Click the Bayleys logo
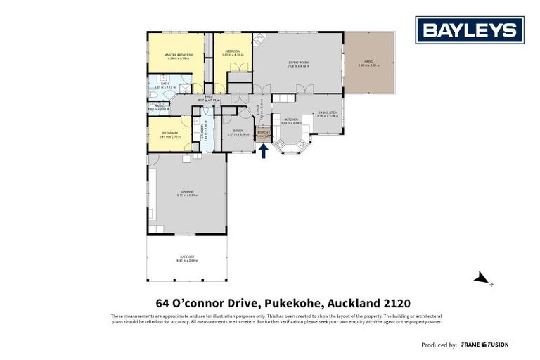(x=470, y=30)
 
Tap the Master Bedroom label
(x=178, y=54)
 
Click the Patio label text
(x=368, y=62)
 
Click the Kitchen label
(x=291, y=120)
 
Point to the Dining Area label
(x=328, y=112)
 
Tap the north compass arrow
(x=482, y=279)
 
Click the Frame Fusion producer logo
(x=484, y=345)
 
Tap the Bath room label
(x=165, y=84)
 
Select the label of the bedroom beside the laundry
(x=169, y=133)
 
